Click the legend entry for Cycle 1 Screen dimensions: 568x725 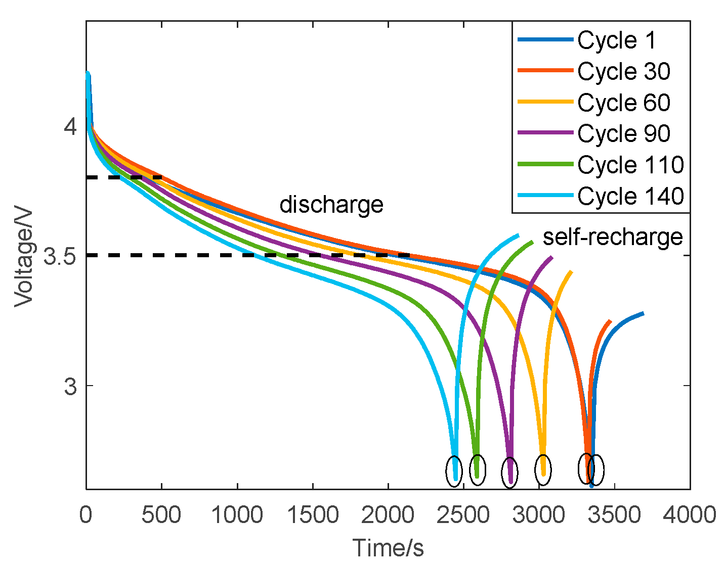616,40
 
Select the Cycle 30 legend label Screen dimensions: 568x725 623,71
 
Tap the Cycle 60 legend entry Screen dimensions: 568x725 623,103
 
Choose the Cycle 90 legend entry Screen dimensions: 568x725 623,133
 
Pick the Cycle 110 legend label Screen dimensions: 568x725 630,165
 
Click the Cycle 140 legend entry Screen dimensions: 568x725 630,196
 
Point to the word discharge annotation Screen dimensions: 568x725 331,205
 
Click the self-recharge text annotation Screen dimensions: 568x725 613,236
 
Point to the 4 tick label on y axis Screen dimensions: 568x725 70,126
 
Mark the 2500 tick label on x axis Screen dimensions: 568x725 463,515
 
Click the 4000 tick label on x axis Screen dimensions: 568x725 690,515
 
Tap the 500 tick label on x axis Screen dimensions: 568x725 161,515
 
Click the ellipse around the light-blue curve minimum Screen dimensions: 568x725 454,470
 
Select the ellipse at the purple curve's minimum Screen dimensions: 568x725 509,473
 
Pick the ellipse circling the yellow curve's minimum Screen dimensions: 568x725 543,469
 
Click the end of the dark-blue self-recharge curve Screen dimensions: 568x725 643,314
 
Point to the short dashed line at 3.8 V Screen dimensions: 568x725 124,177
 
